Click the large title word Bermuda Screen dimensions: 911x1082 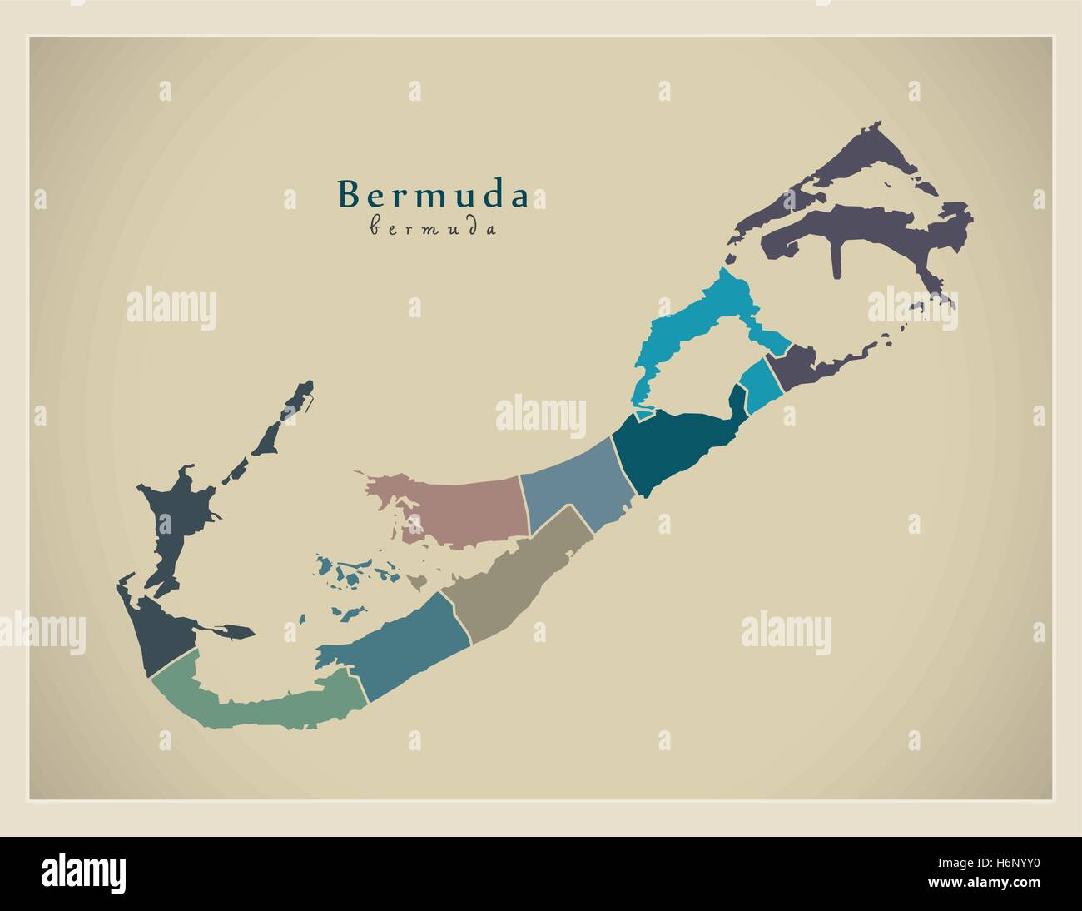click(x=432, y=194)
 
